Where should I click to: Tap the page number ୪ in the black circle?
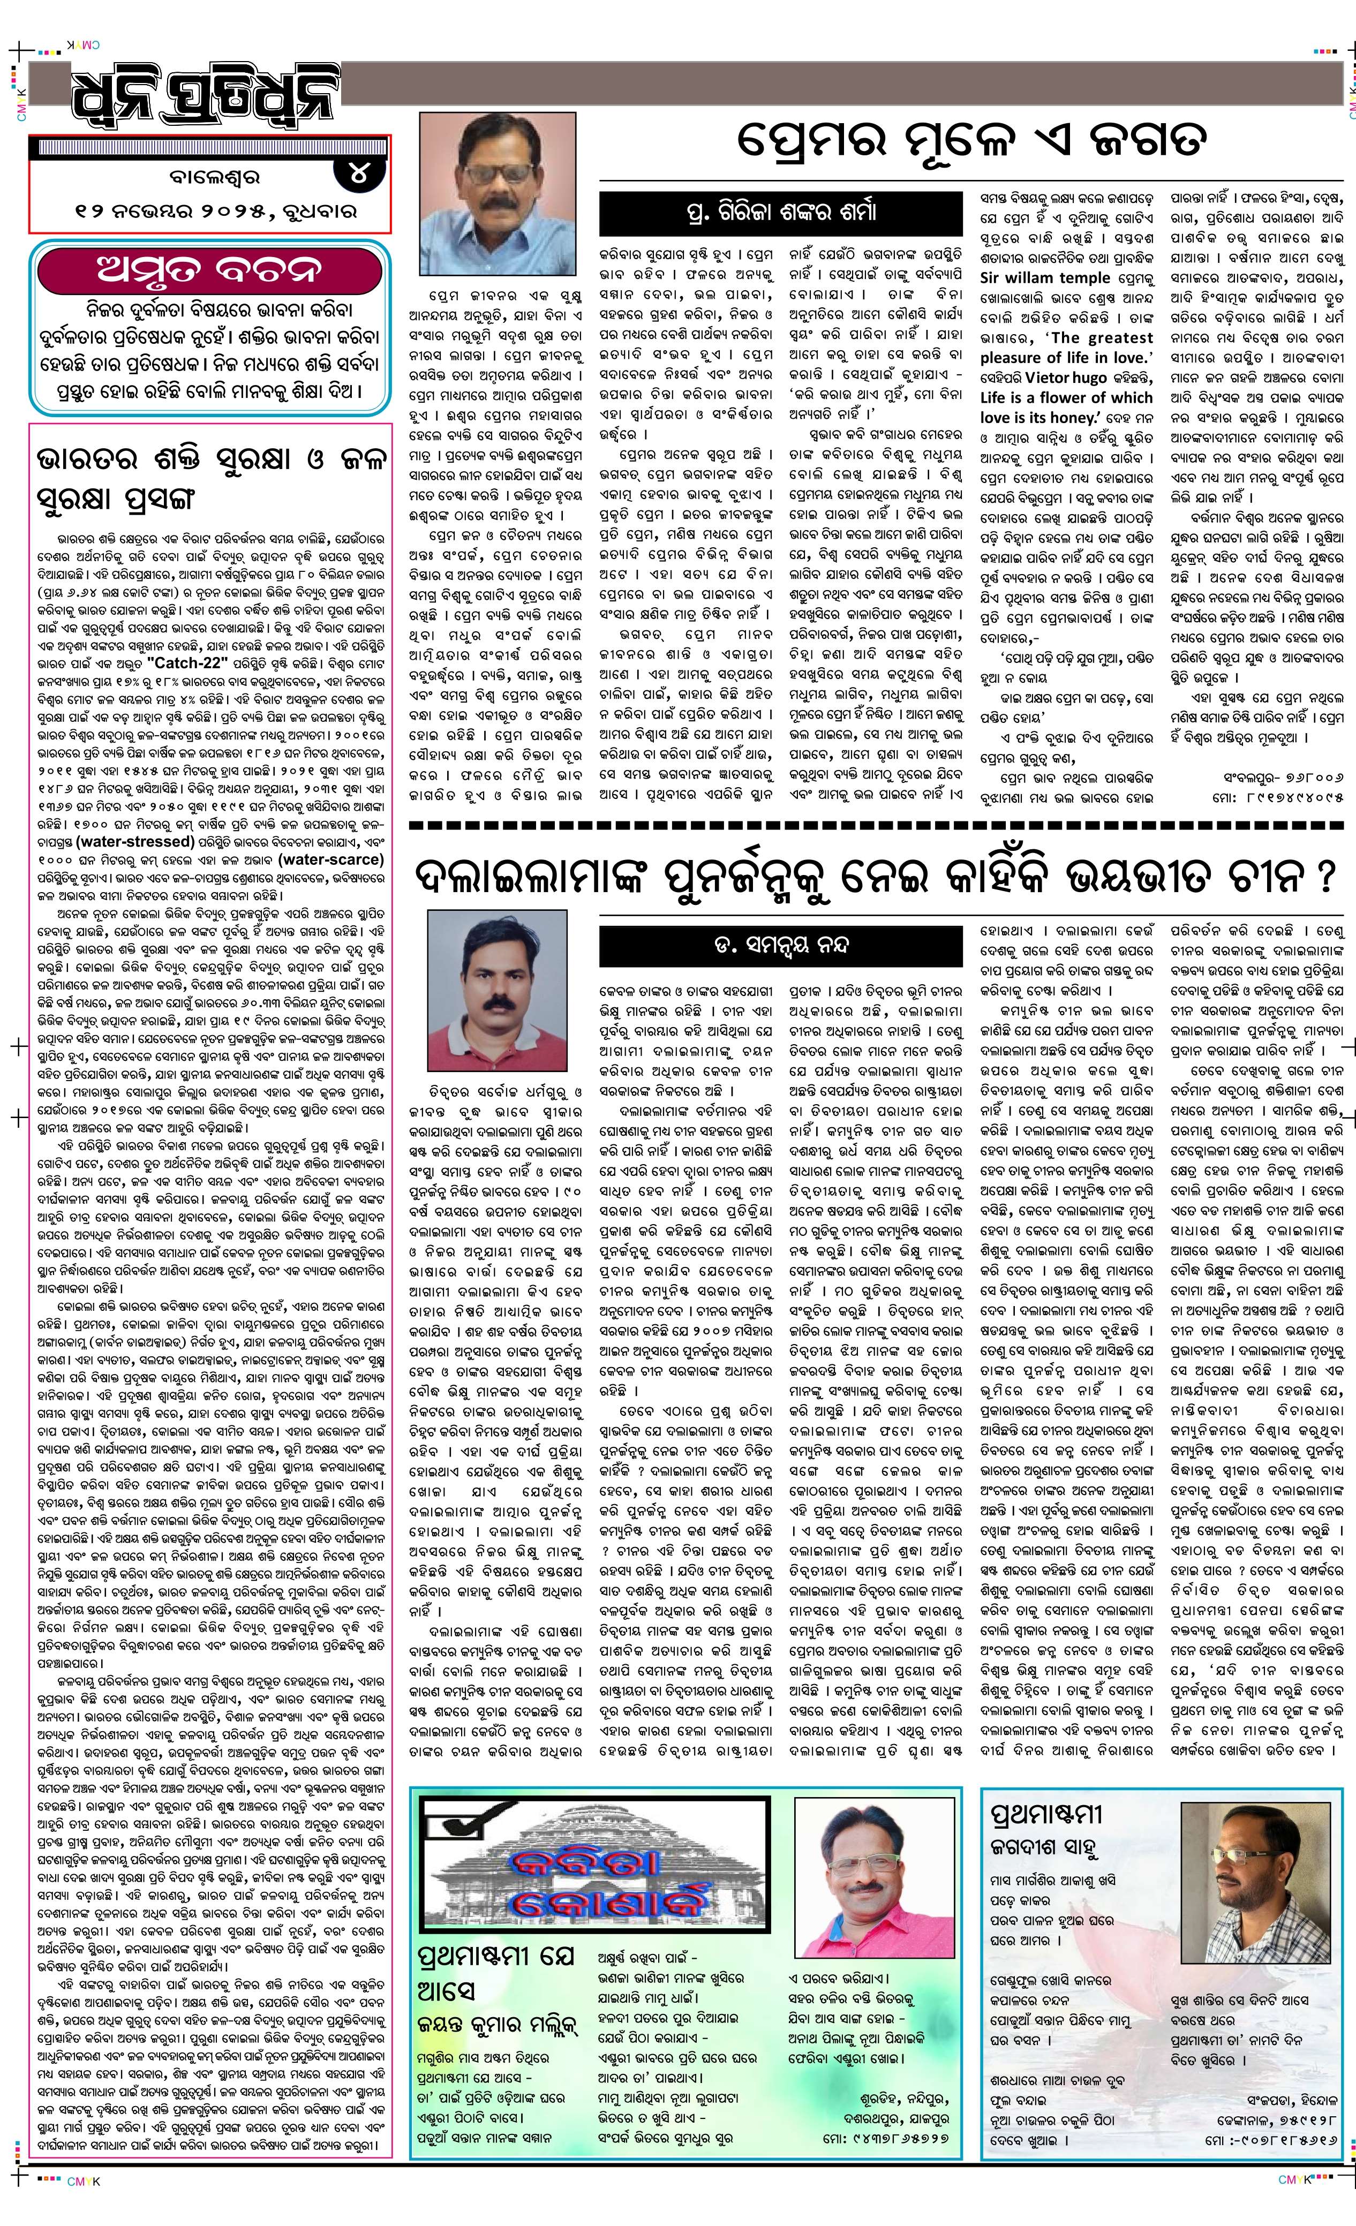pyautogui.click(x=359, y=172)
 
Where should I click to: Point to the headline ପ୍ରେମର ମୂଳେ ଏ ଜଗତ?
pyautogui.click(x=971, y=141)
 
